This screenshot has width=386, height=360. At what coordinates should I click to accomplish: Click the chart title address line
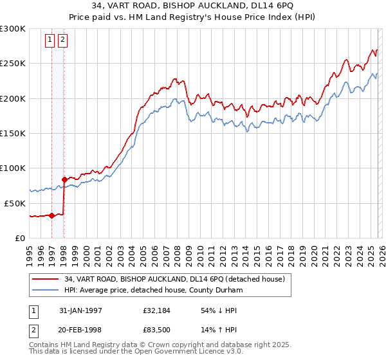pyautogui.click(x=192, y=6)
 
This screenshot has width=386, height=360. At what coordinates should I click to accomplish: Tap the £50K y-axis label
pyautogui.click(x=15, y=203)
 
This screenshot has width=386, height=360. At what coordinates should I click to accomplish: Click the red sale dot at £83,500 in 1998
pyautogui.click(x=64, y=179)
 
